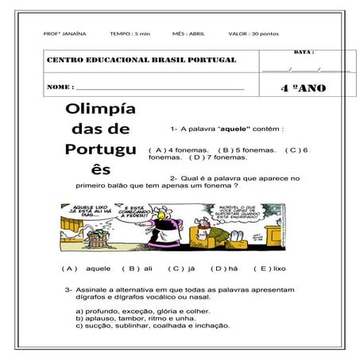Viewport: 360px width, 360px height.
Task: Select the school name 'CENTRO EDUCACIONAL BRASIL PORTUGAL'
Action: (141, 60)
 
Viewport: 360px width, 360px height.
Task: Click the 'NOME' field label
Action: (60, 87)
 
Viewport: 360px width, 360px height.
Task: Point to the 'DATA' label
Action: (304, 52)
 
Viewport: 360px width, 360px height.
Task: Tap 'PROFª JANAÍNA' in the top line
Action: (64, 34)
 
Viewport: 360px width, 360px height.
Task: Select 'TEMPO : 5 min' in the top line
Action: (130, 34)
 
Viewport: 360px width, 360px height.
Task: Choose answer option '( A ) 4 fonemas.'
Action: (179, 149)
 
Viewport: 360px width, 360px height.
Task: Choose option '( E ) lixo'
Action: (269, 269)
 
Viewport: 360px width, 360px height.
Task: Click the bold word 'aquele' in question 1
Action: (236, 128)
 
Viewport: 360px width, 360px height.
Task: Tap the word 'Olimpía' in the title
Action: (101, 108)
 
